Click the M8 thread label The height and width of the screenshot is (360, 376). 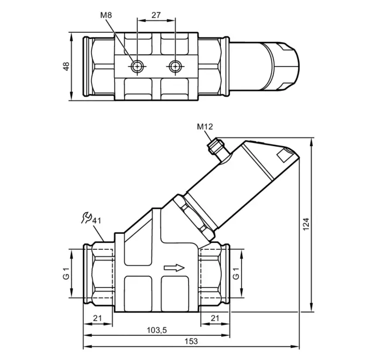(106, 15)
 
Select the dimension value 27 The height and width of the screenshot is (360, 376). (156, 15)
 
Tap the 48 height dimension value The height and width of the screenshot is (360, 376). (66, 66)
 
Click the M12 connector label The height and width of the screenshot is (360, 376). (205, 126)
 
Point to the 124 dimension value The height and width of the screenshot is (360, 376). (306, 225)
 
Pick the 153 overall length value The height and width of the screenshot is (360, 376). (191, 341)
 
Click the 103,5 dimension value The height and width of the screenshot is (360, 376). (157, 330)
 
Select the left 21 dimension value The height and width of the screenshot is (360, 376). (97, 318)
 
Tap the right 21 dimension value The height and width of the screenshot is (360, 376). (215, 318)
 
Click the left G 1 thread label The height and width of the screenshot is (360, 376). (66, 273)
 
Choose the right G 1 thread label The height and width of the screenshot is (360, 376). (236, 273)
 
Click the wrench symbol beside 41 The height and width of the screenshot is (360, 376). (86, 218)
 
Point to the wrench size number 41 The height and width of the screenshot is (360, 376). (97, 220)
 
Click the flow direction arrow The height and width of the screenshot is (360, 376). (175, 268)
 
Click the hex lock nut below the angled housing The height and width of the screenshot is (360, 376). (193, 217)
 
